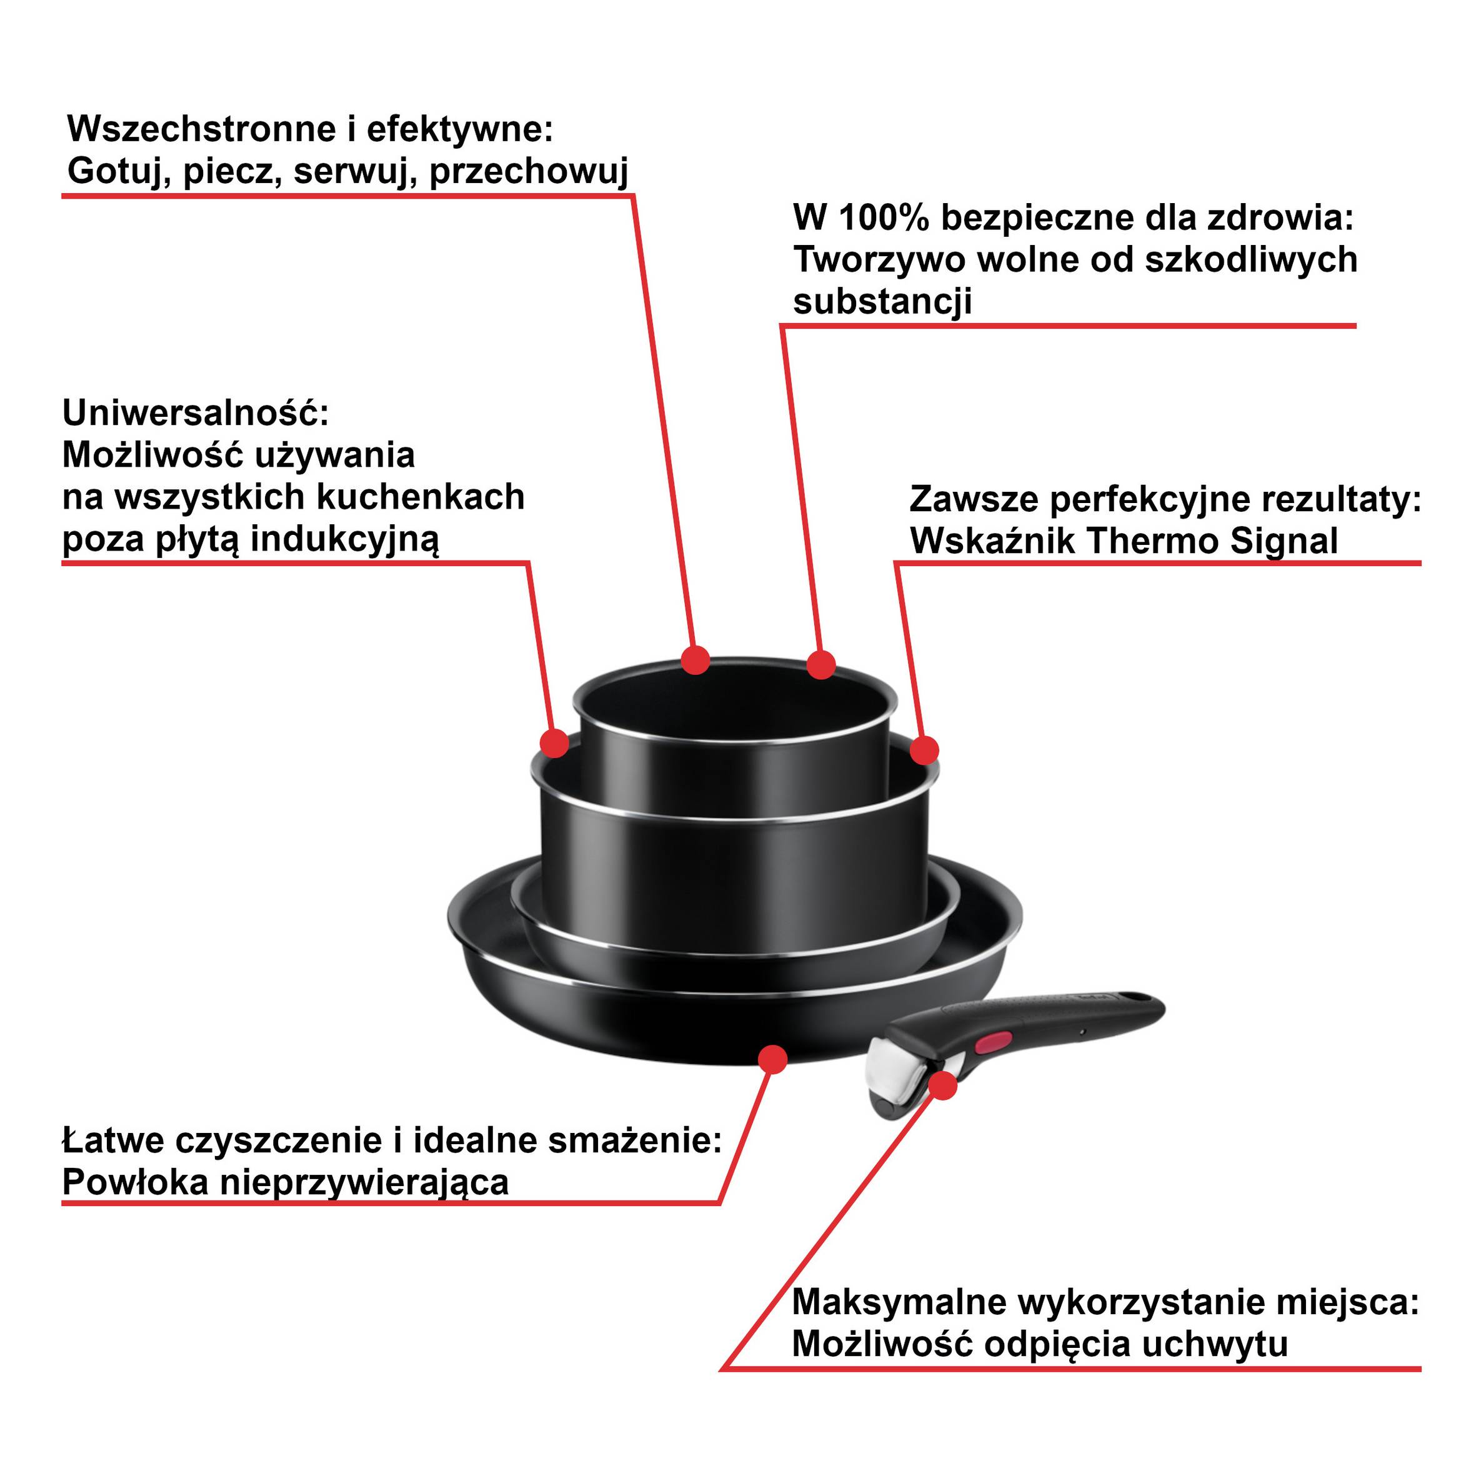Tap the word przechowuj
coord(529,171)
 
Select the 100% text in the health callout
coord(884,219)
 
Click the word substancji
coord(882,302)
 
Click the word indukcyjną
coord(346,539)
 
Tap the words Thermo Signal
coord(1212,542)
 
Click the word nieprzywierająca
coord(364,1183)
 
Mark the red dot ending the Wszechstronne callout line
coord(696,660)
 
